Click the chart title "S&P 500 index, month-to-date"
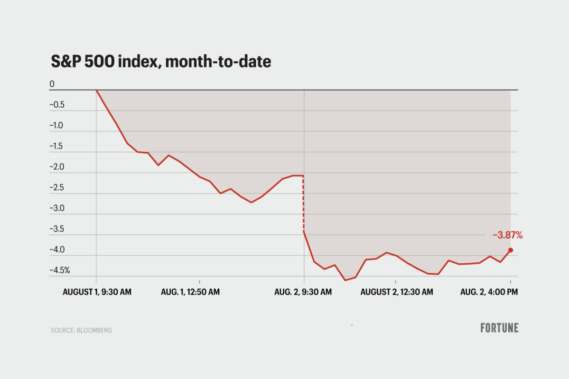[x=161, y=62]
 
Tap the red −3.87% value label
[x=507, y=235]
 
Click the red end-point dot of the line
[x=510, y=250]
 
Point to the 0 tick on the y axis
[x=52, y=84]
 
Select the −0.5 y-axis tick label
[x=57, y=105]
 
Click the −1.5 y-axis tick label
[x=57, y=146]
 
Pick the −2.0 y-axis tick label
[x=57, y=167]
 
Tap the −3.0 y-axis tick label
[x=57, y=208]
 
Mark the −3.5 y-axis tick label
[x=57, y=229]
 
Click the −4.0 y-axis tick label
[x=57, y=250]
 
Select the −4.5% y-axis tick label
[x=60, y=270]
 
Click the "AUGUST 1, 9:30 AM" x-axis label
[x=97, y=292]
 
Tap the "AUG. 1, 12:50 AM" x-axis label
[x=190, y=292]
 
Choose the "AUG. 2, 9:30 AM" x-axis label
[x=303, y=292]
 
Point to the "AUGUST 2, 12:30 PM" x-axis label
[x=396, y=292]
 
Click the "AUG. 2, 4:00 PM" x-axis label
[x=489, y=292]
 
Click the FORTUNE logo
[x=499, y=328]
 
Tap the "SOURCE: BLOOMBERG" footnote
[x=81, y=330]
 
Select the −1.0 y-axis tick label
[x=57, y=126]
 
